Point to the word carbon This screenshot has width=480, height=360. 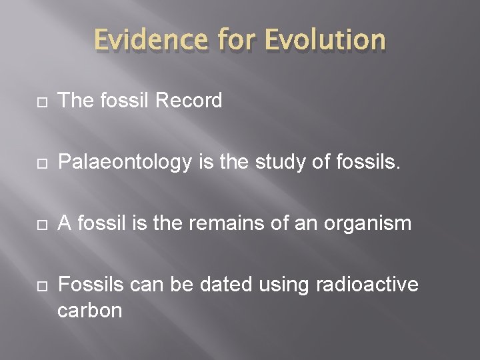[x=90, y=310]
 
